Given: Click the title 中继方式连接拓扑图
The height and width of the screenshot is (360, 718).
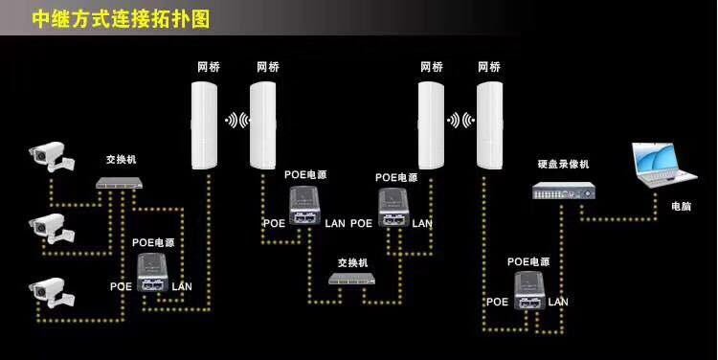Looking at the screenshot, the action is pyautogui.click(x=121, y=17).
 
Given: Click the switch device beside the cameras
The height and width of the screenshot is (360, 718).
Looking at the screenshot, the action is pyautogui.click(x=121, y=183).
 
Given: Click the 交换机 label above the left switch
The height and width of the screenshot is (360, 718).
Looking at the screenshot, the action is pyautogui.click(x=121, y=160).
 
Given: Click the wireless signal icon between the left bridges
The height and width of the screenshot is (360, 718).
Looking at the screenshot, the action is pyautogui.click(x=236, y=121).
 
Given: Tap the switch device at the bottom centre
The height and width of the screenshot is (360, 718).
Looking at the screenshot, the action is pyautogui.click(x=352, y=278).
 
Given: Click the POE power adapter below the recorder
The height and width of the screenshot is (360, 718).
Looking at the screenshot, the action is pyautogui.click(x=528, y=290).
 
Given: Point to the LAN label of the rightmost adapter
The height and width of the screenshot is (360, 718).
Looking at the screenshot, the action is pyautogui.click(x=558, y=301).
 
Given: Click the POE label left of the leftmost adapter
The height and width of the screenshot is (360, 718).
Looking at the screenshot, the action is pyautogui.click(x=121, y=285).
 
